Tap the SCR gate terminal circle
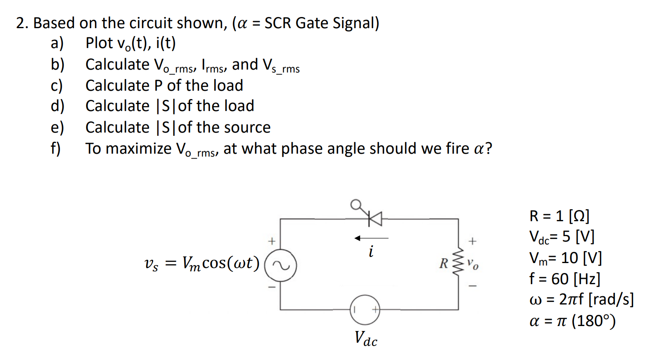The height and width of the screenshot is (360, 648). [x=355, y=204]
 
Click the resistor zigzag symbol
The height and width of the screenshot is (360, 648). [x=458, y=263]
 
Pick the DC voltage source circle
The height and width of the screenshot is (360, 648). [x=365, y=309]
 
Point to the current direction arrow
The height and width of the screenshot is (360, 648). [x=371, y=238]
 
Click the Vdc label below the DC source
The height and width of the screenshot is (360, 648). [x=366, y=338]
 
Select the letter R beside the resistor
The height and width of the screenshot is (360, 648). [x=443, y=263]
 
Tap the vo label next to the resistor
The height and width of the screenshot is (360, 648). [x=472, y=263]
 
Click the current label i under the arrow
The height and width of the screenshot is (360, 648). [x=371, y=251]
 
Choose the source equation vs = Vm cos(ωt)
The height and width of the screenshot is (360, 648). [x=202, y=263]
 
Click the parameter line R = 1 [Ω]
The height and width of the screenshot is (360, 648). [x=559, y=216]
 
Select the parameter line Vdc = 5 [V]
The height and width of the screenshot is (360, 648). [x=561, y=237]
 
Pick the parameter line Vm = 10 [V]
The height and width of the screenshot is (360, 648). [x=565, y=258]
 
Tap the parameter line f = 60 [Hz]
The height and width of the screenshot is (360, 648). [x=564, y=279]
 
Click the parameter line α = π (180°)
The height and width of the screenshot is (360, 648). [x=572, y=321]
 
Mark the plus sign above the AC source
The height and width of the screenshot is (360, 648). [x=271, y=241]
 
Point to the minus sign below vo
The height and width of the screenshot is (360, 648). [x=472, y=285]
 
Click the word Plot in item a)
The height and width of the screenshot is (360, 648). [x=99, y=43]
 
